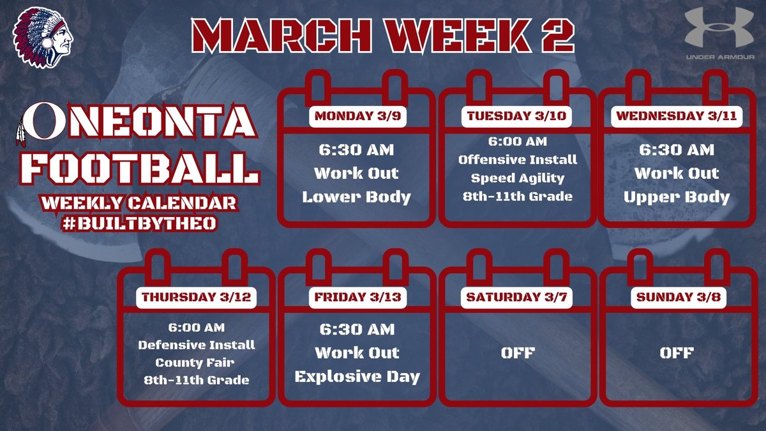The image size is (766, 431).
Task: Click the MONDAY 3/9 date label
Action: pos(357,117)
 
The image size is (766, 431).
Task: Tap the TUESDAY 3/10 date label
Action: pos(518,117)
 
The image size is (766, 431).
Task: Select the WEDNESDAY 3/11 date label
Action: pos(677,117)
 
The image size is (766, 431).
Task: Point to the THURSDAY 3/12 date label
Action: pos(197,298)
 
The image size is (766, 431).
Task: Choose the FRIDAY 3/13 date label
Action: pos(357,298)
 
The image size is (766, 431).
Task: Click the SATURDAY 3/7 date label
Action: pos(518,298)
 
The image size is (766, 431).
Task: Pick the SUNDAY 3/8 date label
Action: pos(677,298)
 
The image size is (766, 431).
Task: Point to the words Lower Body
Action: pos(357,197)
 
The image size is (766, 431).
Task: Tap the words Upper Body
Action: pos(677,197)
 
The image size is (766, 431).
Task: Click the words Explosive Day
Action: pos(357,377)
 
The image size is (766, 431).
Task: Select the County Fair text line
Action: pos(197,363)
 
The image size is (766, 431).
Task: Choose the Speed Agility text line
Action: pos(518,178)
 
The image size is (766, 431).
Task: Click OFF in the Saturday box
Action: pos(518,352)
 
